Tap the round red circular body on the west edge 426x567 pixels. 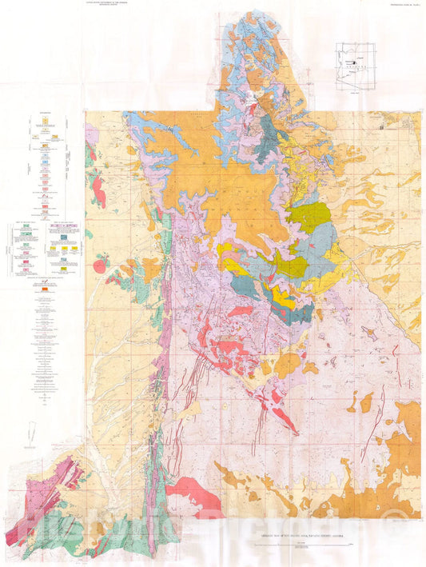coord(100,266)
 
